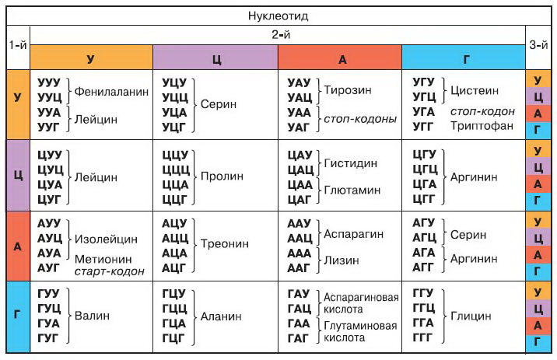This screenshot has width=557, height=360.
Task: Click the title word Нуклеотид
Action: point(278,16)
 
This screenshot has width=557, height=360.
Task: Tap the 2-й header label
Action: point(278,36)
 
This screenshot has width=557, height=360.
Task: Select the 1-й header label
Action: point(17,44)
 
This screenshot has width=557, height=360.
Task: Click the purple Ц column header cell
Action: point(215,58)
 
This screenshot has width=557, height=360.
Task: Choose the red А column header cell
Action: point(339,58)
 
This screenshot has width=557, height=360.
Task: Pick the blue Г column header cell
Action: point(464,58)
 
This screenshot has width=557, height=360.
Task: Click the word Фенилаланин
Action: point(111,91)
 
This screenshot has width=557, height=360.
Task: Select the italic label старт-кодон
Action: point(110,271)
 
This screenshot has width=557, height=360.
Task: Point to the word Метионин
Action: point(104,259)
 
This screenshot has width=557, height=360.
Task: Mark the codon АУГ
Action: point(49,268)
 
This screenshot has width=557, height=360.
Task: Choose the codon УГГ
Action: point(424,126)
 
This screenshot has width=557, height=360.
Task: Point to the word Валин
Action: point(93,316)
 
